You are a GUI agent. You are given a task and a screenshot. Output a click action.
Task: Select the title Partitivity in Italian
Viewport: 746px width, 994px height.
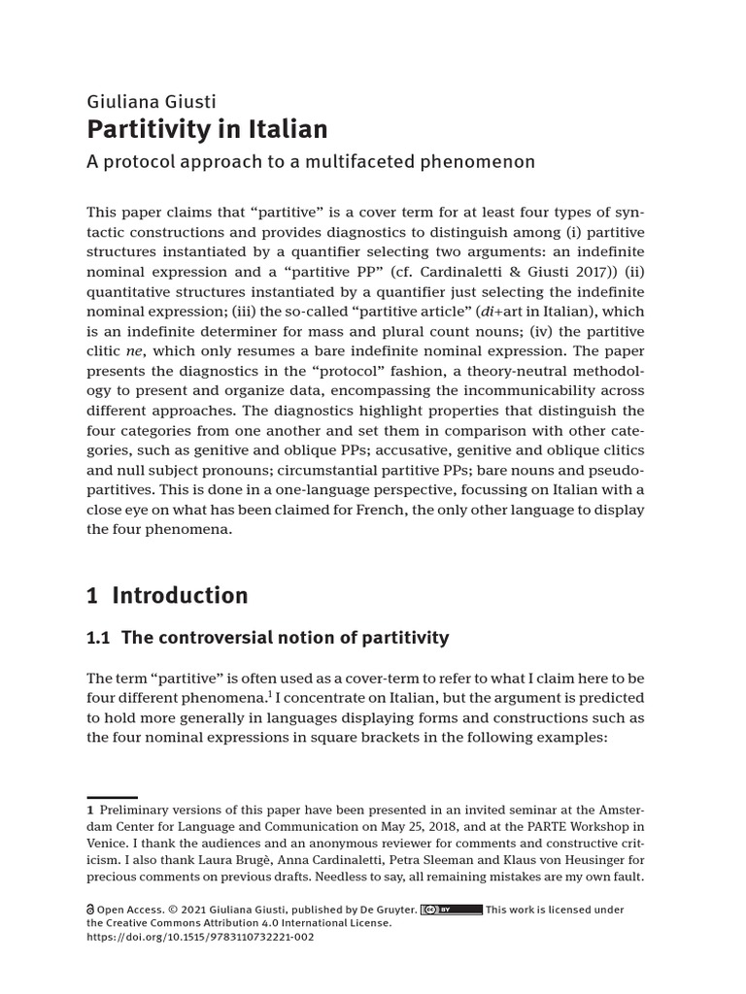(x=207, y=129)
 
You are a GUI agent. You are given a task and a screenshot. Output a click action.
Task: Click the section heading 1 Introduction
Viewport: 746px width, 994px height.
(x=167, y=595)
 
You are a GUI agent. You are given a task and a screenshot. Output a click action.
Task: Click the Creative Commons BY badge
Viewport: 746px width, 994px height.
(x=452, y=910)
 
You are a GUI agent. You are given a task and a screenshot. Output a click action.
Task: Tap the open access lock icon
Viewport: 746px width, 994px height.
(x=90, y=910)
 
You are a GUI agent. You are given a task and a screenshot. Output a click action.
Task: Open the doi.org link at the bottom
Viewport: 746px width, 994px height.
(x=200, y=938)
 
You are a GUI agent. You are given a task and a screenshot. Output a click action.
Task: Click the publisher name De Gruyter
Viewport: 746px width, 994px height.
(x=386, y=910)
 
